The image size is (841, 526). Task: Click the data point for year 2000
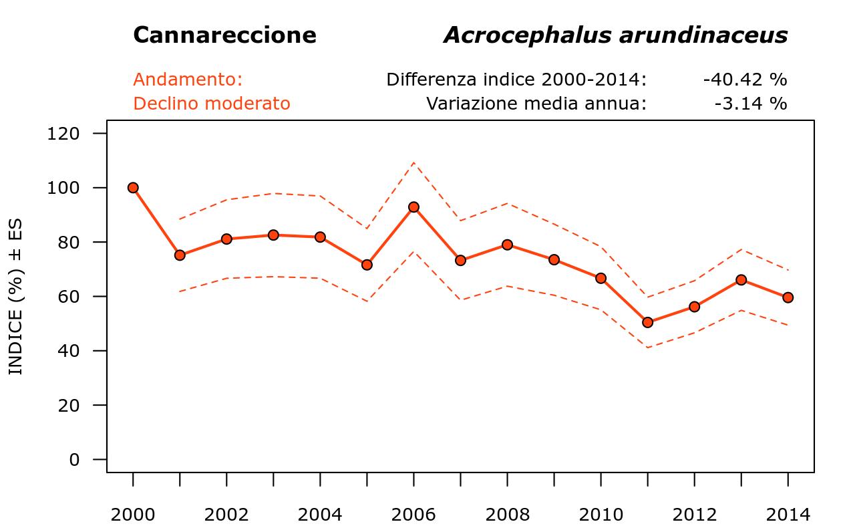tap(133, 188)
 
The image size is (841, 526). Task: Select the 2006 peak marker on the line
tap(413, 207)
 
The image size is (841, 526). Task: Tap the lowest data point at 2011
tap(647, 322)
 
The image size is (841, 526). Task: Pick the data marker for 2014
tap(788, 297)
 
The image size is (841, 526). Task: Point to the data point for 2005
tap(367, 265)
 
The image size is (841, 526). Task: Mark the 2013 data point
tap(741, 280)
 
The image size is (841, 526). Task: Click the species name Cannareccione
tap(224, 35)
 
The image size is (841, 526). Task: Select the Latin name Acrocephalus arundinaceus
tap(615, 35)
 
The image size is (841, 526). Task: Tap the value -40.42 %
tap(745, 80)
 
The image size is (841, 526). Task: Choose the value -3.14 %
tap(750, 104)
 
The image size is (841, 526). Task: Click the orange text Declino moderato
tap(212, 104)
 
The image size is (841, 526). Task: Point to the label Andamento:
tap(188, 80)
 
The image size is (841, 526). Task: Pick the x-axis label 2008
tap(507, 515)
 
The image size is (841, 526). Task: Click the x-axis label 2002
tap(226, 515)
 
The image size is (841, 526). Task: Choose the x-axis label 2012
tap(694, 515)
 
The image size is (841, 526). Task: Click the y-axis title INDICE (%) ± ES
tap(16, 297)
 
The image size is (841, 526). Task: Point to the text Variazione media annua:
tap(536, 104)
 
